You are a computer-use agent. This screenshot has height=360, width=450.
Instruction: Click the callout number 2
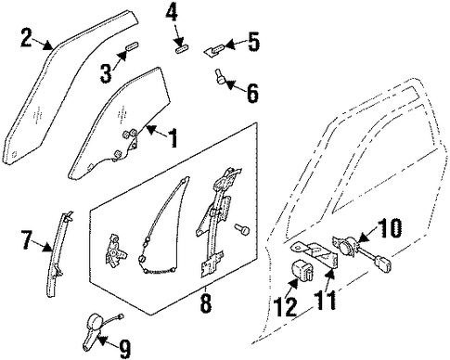tap(27, 37)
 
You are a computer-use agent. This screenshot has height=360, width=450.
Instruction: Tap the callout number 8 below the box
tap(206, 302)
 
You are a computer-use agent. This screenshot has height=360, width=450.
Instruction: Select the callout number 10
tap(391, 228)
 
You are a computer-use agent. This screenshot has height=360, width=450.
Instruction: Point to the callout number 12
tap(286, 307)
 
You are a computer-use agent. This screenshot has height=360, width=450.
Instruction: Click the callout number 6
tap(252, 93)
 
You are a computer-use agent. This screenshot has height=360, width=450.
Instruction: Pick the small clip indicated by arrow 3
tap(132, 46)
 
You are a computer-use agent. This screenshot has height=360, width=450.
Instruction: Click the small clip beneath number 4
tap(182, 49)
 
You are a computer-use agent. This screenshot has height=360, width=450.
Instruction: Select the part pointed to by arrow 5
tap(214, 50)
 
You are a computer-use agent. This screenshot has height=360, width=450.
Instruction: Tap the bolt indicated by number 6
tap(219, 77)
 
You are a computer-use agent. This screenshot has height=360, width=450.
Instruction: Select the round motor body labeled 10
tap(347, 245)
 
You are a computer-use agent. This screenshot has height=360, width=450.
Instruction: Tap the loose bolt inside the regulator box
tap(242, 229)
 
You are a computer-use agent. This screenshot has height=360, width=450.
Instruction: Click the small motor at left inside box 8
tap(115, 249)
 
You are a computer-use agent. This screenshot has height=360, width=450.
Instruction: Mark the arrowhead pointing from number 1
tap(150, 130)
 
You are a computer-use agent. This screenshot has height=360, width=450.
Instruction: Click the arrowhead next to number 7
tap(47, 247)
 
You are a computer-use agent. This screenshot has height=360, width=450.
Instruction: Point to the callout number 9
tap(124, 349)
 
